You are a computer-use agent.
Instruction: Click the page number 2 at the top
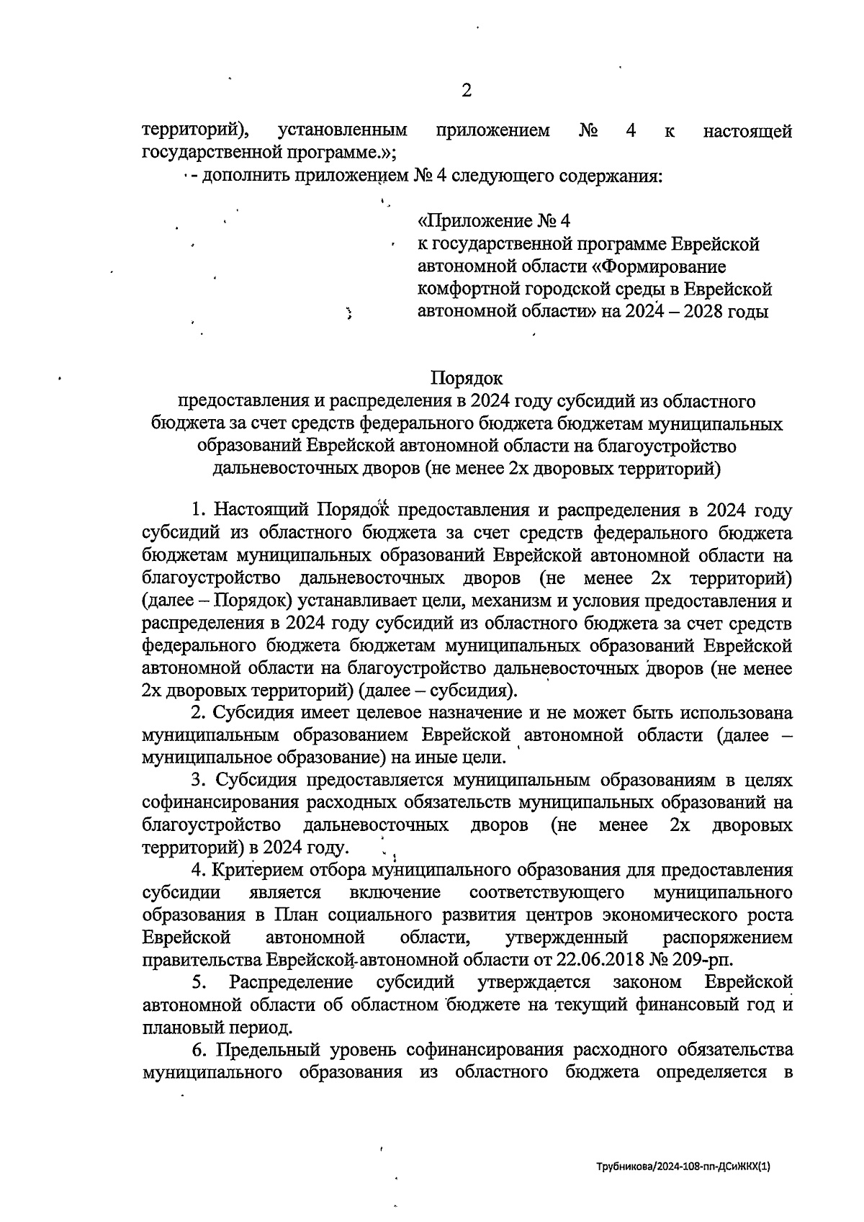point(466,91)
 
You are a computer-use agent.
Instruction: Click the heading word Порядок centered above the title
point(467,378)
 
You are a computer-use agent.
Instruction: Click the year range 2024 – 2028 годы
point(690,311)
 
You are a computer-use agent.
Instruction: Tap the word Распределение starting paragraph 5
point(291,982)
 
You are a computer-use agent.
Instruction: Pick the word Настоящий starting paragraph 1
point(262,511)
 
